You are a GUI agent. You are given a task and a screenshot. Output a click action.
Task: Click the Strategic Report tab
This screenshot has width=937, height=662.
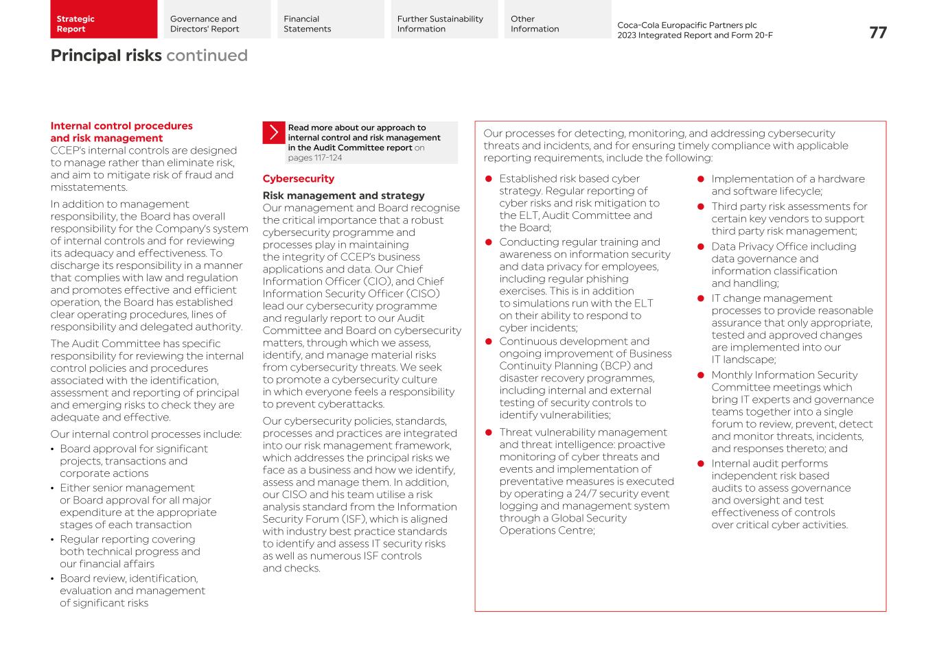pos(103,19)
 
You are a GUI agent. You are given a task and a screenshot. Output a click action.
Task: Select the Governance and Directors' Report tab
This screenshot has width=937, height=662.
pos(217,19)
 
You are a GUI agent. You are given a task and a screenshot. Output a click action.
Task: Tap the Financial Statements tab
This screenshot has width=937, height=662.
pos(330,19)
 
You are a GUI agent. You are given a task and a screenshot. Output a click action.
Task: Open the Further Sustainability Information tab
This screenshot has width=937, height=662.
pos(444,19)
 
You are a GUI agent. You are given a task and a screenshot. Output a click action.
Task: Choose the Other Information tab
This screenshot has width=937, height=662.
pos(557,19)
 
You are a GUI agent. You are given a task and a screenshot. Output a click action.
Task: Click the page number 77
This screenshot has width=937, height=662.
pos(877,33)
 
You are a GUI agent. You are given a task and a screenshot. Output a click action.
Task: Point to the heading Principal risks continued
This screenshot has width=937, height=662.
pos(149,56)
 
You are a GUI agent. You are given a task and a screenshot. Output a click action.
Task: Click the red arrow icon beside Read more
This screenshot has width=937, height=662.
pos(273,132)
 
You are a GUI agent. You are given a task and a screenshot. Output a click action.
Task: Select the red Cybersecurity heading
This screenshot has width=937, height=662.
pos(298,179)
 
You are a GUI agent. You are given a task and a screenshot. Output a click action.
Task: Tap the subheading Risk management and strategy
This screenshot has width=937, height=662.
pos(343,196)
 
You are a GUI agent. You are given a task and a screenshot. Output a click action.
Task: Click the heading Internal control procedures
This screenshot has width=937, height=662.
pos(122,132)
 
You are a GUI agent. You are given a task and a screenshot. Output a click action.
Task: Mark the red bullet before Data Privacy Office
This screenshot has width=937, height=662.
pos(701,247)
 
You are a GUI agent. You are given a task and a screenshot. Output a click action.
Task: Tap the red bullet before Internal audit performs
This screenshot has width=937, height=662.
pos(701,464)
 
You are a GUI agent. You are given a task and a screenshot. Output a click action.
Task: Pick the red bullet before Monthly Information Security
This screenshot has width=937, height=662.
pos(701,375)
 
